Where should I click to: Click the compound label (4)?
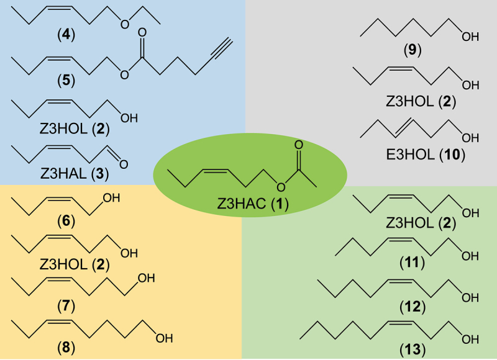(x=64, y=34)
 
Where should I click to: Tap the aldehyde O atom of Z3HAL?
(x=122, y=164)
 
